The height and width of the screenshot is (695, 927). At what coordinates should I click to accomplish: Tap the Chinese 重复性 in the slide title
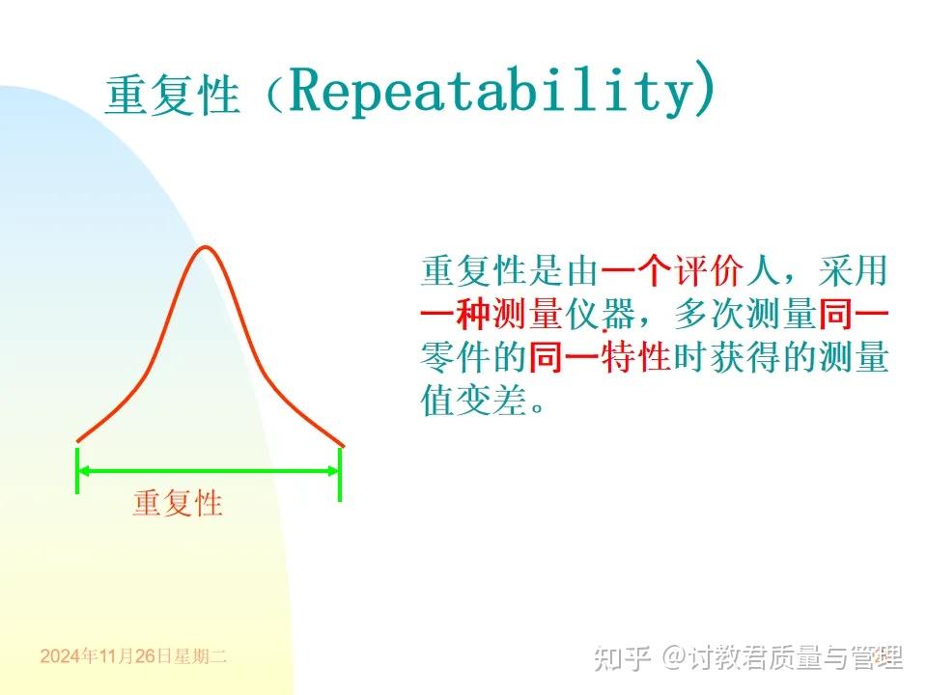172,97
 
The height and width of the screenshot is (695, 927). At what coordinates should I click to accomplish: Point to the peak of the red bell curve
205,248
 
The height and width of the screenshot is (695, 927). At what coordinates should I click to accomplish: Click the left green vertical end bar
77,470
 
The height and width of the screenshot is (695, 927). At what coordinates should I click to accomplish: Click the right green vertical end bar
340,470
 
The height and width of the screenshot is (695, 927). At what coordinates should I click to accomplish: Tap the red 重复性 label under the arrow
178,503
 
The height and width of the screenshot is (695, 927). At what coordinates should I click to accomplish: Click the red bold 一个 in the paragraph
636,271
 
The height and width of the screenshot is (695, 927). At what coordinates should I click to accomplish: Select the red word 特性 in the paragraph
636,358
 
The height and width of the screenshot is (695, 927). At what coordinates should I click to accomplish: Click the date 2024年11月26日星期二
133,656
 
